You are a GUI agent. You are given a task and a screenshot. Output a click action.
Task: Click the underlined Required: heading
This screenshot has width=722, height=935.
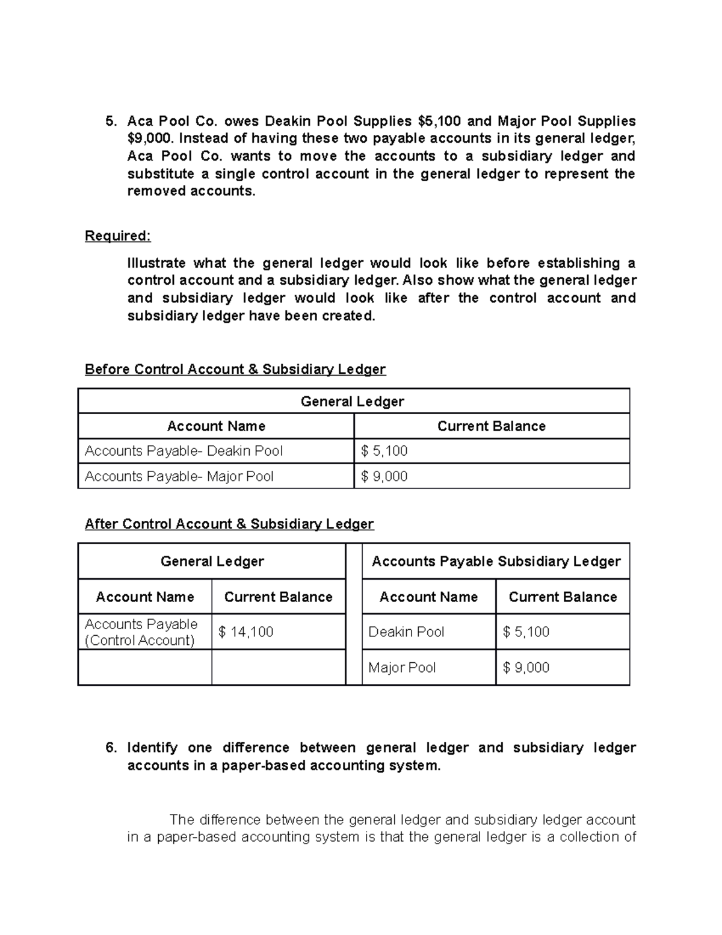[117, 236]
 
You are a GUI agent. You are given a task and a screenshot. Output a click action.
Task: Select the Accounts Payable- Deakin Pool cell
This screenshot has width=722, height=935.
[184, 451]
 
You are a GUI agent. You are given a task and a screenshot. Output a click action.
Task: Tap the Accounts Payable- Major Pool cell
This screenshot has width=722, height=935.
[179, 476]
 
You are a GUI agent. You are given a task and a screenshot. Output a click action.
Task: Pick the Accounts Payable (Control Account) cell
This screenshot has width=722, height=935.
[141, 632]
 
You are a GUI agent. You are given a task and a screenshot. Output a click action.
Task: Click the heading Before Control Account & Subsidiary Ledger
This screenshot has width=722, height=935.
[235, 369]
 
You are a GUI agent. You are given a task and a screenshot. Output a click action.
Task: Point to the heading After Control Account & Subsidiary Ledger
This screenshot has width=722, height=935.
[229, 524]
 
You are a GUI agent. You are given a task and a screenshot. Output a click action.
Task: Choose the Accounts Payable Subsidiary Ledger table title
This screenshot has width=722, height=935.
[496, 561]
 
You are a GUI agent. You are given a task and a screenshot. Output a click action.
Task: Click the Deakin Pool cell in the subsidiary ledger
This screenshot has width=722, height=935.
[406, 632]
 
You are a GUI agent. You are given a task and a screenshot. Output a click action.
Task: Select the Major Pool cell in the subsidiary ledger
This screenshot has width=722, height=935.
[402, 667]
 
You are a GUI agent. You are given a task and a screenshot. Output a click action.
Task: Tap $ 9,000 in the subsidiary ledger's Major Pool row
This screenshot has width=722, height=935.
[526, 667]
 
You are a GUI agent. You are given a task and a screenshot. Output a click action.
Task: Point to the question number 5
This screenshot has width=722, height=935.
[110, 121]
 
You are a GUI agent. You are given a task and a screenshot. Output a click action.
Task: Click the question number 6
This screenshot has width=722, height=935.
[110, 748]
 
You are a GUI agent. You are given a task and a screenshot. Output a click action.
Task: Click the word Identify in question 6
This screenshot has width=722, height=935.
[152, 748]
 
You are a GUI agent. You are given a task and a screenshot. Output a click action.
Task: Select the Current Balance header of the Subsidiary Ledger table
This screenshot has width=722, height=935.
[563, 597]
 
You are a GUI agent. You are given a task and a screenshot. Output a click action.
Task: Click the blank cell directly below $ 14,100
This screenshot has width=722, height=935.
[278, 667]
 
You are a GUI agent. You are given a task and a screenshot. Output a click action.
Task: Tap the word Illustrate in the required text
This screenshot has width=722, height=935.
[156, 263]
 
